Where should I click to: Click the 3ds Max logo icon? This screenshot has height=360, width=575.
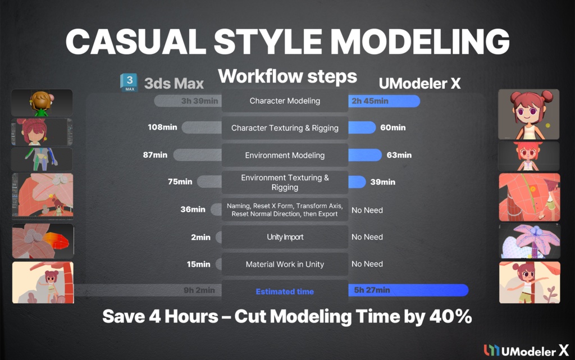pos(129,83)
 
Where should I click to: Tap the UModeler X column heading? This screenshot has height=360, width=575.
pos(419,84)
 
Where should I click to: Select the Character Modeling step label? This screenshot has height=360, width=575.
pos(285,101)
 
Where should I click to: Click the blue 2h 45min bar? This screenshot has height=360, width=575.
pos(384,101)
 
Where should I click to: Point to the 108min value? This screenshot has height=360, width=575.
pos(162,127)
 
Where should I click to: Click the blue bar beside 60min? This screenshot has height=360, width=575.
pos(362,127)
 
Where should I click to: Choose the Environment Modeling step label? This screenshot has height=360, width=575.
pos(285,155)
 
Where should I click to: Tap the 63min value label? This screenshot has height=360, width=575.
pos(399,155)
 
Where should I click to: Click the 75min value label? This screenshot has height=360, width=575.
pos(180,181)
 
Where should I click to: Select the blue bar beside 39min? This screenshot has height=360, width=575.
pos(357,181)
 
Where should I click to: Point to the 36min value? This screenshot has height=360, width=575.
pos(193,209)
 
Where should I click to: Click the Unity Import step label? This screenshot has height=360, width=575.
pos(285,237)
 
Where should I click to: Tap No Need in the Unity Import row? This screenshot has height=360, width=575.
pos(367,237)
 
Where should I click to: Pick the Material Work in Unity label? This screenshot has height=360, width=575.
pos(285,264)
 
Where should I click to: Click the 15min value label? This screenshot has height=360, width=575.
pos(199,264)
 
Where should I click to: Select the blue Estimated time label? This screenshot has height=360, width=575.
pos(285,291)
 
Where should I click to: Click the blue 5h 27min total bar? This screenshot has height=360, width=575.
pos(408,290)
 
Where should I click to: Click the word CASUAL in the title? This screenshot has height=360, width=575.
pos(124,42)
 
